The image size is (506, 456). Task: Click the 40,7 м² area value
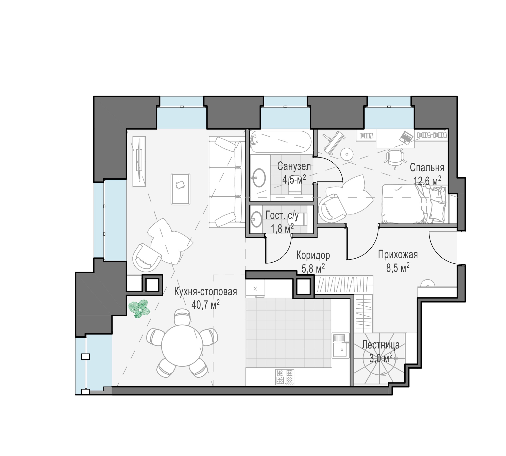[205, 304]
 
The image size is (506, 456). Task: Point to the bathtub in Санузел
[281, 142]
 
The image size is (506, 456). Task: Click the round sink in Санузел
[258, 177]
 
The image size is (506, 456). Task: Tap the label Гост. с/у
[282, 216]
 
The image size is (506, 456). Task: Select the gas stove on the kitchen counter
[285, 377]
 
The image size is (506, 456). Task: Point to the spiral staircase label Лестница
[381, 345]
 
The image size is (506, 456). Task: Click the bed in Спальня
[415, 203]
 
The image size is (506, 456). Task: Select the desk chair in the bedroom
[395, 158]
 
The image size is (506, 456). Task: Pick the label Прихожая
[398, 255]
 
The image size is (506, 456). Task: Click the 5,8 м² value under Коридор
[313, 268]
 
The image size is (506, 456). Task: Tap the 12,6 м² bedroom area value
[427, 180]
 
